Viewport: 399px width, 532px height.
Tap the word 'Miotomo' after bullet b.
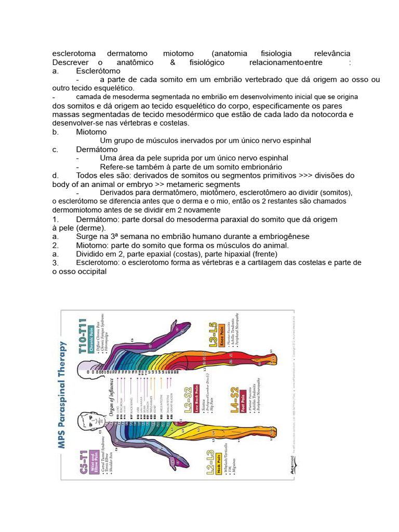coord(91,132)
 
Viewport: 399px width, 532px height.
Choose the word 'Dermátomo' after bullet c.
coord(97,150)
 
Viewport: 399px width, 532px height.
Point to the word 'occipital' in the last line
coord(91,271)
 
